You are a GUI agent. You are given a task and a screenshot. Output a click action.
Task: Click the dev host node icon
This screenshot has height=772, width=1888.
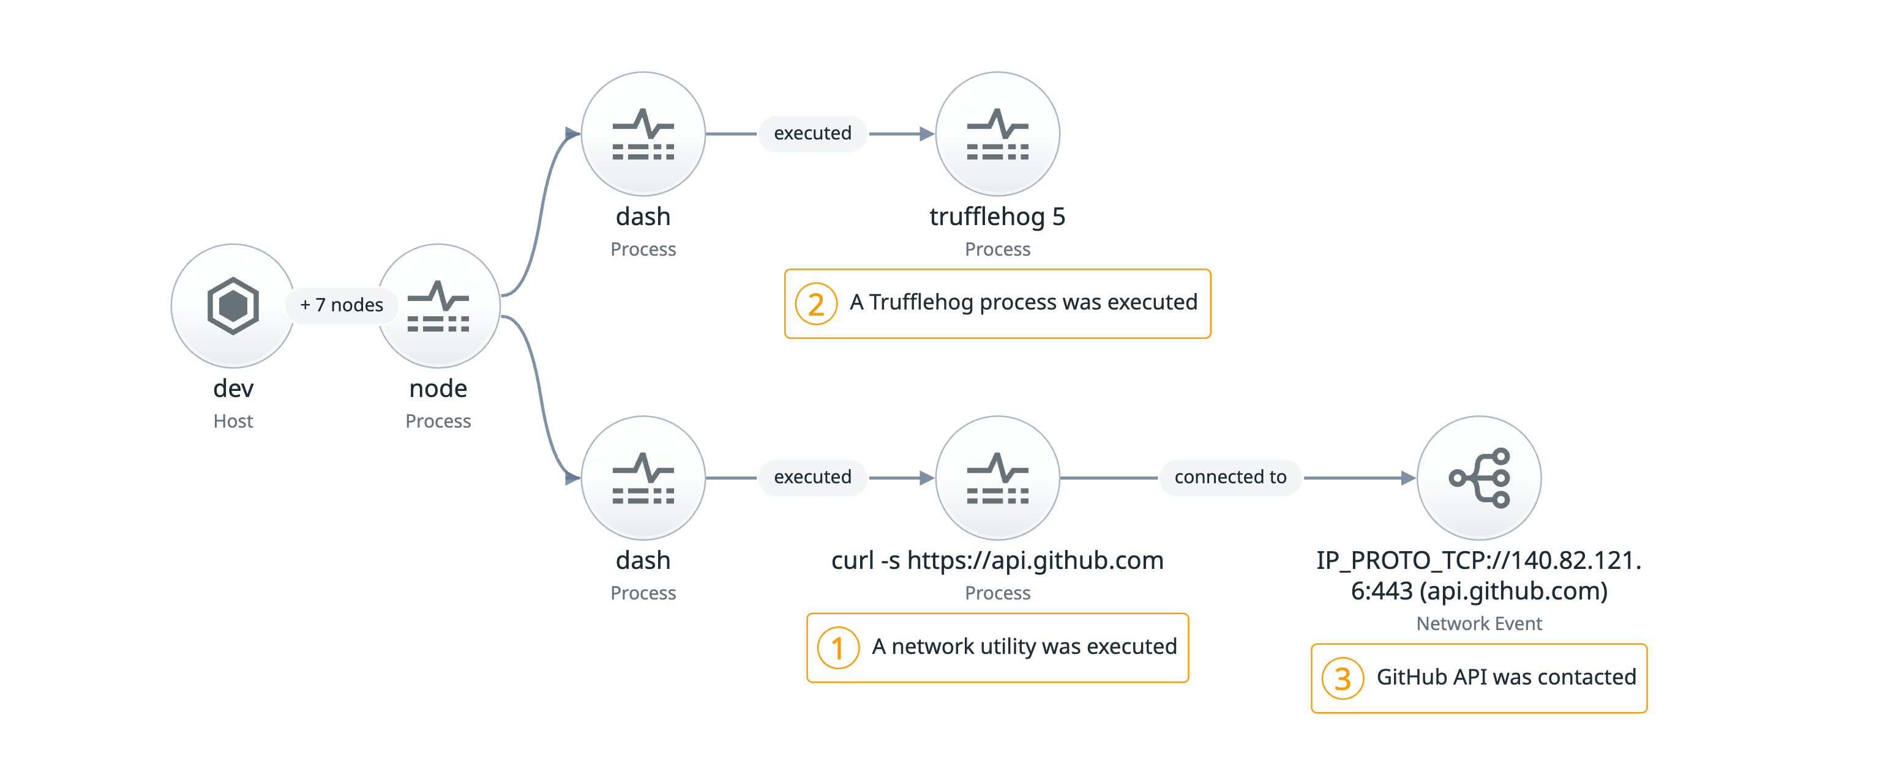(x=233, y=305)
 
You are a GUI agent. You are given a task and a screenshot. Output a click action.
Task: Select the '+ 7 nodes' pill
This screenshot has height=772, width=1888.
(x=342, y=305)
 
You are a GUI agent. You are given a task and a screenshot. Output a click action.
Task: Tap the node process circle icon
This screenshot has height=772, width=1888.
(x=438, y=305)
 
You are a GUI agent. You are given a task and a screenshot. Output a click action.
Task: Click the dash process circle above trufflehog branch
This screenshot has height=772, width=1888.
(x=643, y=134)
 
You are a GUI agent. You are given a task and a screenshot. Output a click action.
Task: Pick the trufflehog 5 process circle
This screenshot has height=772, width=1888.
(x=997, y=134)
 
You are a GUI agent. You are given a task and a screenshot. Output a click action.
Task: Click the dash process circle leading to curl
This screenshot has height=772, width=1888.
(x=643, y=478)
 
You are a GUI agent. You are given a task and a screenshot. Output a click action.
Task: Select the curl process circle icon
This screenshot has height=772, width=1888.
(x=997, y=478)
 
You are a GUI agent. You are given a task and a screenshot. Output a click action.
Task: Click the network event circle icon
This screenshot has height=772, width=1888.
(x=1478, y=478)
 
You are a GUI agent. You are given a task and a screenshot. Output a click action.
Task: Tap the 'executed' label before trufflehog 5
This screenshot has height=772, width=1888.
(x=812, y=133)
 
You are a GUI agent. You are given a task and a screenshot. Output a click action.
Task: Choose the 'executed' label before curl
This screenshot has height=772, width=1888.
(x=812, y=477)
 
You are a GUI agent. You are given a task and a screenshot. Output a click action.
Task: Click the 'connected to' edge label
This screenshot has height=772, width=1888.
(x=1230, y=477)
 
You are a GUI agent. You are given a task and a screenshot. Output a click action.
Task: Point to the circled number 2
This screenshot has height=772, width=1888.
(x=815, y=304)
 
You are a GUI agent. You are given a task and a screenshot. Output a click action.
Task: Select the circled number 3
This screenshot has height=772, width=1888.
(x=1342, y=679)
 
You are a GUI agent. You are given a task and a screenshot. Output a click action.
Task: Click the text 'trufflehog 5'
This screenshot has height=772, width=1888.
(x=997, y=217)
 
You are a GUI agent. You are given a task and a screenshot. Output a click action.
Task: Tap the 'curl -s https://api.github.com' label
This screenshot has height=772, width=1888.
(x=997, y=560)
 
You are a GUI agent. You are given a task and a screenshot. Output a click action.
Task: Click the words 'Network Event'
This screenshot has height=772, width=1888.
(x=1478, y=623)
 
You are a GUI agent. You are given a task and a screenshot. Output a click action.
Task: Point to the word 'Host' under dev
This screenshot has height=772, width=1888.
(x=233, y=421)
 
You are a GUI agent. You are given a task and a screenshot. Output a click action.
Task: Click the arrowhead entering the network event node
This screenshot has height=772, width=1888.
(x=1408, y=478)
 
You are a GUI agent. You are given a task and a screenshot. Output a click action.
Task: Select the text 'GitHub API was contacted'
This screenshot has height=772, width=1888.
(x=1505, y=677)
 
